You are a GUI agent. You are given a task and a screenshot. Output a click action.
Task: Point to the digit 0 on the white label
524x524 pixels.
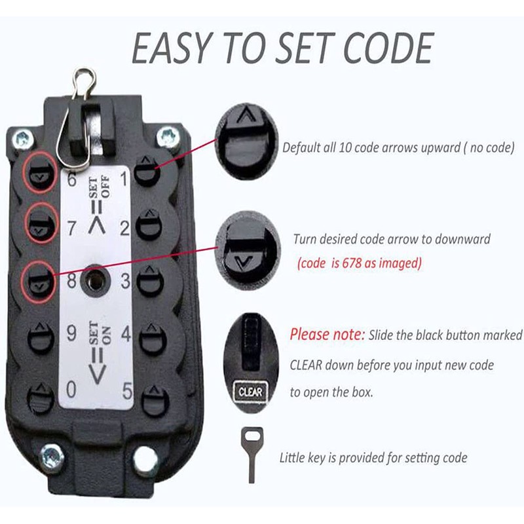71,389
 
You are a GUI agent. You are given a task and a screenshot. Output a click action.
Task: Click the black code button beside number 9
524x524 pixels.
41,338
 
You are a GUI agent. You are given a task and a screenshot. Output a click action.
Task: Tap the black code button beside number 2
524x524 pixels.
150,225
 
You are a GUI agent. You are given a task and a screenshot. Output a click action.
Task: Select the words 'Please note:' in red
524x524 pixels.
327,335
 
